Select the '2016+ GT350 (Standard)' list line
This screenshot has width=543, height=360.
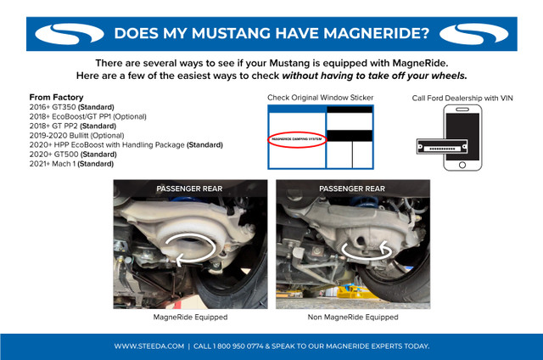click(x=71, y=107)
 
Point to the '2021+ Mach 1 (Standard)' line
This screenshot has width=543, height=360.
click(x=71, y=163)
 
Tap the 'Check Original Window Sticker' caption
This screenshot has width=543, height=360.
click(x=320, y=98)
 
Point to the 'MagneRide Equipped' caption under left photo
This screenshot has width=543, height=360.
click(x=189, y=317)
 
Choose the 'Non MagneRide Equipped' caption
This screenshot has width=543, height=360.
click(x=352, y=317)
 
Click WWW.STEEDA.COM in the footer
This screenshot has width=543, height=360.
click(x=149, y=346)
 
